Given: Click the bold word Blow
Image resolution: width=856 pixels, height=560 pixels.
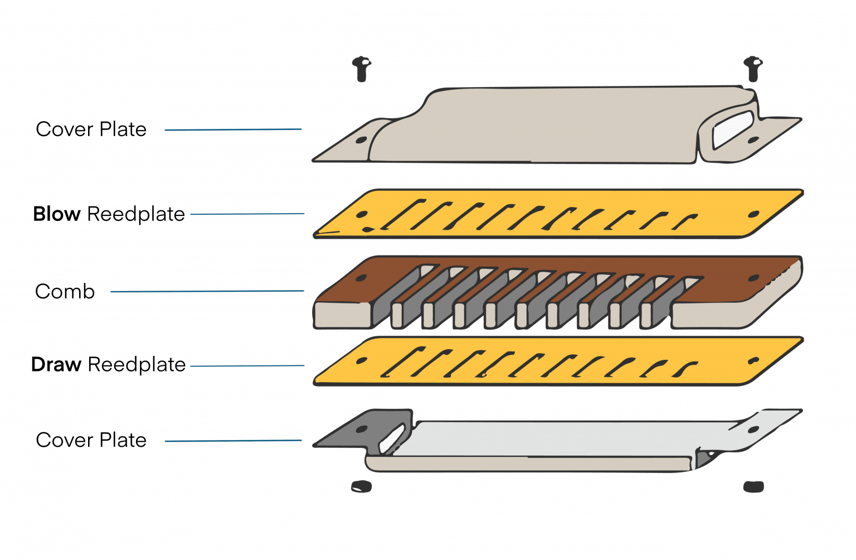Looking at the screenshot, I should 57,214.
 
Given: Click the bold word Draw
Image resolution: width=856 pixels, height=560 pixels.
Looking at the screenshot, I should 56,365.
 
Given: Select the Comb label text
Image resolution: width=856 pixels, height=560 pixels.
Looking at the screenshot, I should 65,292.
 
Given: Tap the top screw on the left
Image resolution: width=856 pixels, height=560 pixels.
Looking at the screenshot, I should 362,69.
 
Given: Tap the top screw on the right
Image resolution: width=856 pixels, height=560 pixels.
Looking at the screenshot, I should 753,68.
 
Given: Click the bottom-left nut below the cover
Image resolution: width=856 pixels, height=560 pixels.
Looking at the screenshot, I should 361,486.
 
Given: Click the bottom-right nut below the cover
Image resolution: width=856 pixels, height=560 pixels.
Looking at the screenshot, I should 753,486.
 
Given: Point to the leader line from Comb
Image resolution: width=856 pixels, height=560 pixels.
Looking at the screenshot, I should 207,291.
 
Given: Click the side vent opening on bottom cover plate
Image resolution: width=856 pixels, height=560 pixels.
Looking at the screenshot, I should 392,440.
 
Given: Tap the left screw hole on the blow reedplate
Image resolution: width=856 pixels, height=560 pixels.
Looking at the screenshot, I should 362,214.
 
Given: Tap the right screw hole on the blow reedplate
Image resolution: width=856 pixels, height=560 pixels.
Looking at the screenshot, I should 753,214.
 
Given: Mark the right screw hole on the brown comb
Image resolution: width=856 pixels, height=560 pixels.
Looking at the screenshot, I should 753,278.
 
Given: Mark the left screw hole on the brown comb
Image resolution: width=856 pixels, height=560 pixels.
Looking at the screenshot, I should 361,278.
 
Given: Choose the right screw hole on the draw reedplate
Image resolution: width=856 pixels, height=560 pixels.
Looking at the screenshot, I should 753,361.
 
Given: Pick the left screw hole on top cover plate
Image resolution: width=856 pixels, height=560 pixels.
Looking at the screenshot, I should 361,140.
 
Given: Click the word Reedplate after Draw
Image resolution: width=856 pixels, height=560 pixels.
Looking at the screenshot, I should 137,365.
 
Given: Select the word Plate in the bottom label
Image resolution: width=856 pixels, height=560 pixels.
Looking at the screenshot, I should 123,440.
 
